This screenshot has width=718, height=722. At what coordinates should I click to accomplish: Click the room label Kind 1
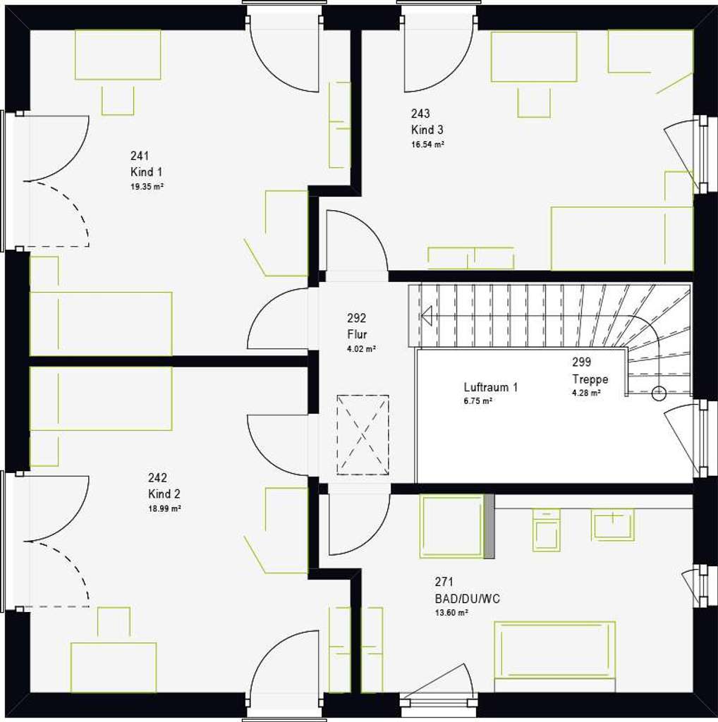click(146, 172)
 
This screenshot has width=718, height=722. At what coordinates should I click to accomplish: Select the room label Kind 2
click(164, 494)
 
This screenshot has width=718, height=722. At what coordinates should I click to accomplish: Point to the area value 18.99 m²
click(164, 508)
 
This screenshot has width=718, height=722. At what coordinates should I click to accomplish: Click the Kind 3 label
click(427, 130)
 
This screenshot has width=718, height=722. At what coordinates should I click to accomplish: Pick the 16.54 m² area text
click(427, 145)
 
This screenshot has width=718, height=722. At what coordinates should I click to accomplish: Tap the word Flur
click(357, 334)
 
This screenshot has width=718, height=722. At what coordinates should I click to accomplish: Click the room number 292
click(357, 318)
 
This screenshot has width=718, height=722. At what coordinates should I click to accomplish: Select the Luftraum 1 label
click(491, 387)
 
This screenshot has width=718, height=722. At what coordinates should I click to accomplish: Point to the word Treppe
click(590, 379)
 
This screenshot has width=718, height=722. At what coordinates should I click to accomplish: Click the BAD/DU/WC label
click(468, 599)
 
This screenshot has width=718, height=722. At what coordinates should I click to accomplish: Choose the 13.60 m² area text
click(451, 613)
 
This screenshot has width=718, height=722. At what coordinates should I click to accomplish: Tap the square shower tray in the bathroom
click(451, 527)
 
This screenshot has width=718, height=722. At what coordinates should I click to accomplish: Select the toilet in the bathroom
click(546, 531)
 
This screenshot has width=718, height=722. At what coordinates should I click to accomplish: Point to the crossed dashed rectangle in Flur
click(363, 435)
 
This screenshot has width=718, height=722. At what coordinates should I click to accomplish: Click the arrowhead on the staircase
click(426, 315)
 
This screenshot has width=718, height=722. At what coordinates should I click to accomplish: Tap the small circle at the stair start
click(659, 393)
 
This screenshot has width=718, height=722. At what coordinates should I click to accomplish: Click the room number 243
click(420, 114)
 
